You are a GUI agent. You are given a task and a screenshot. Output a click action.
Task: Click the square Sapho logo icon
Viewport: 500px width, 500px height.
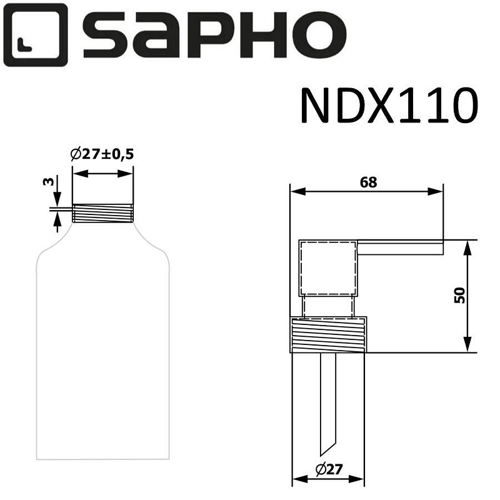[x=35, y=35]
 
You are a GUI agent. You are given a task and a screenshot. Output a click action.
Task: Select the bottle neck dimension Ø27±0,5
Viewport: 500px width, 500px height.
[x=102, y=154]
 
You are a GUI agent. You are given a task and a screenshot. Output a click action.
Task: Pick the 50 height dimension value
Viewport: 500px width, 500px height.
[x=460, y=295]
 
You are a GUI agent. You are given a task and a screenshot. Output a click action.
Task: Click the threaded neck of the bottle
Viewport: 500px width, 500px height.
[x=102, y=213]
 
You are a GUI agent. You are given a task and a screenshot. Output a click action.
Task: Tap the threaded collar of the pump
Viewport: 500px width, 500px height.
[x=329, y=335]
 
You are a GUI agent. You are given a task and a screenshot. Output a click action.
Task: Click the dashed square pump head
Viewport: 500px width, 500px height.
[x=328, y=267]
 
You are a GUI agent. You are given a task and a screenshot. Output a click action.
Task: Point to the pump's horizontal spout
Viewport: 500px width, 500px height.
[x=400, y=247]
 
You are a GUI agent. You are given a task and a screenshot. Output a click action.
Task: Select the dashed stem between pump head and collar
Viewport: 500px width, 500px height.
[x=328, y=306]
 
